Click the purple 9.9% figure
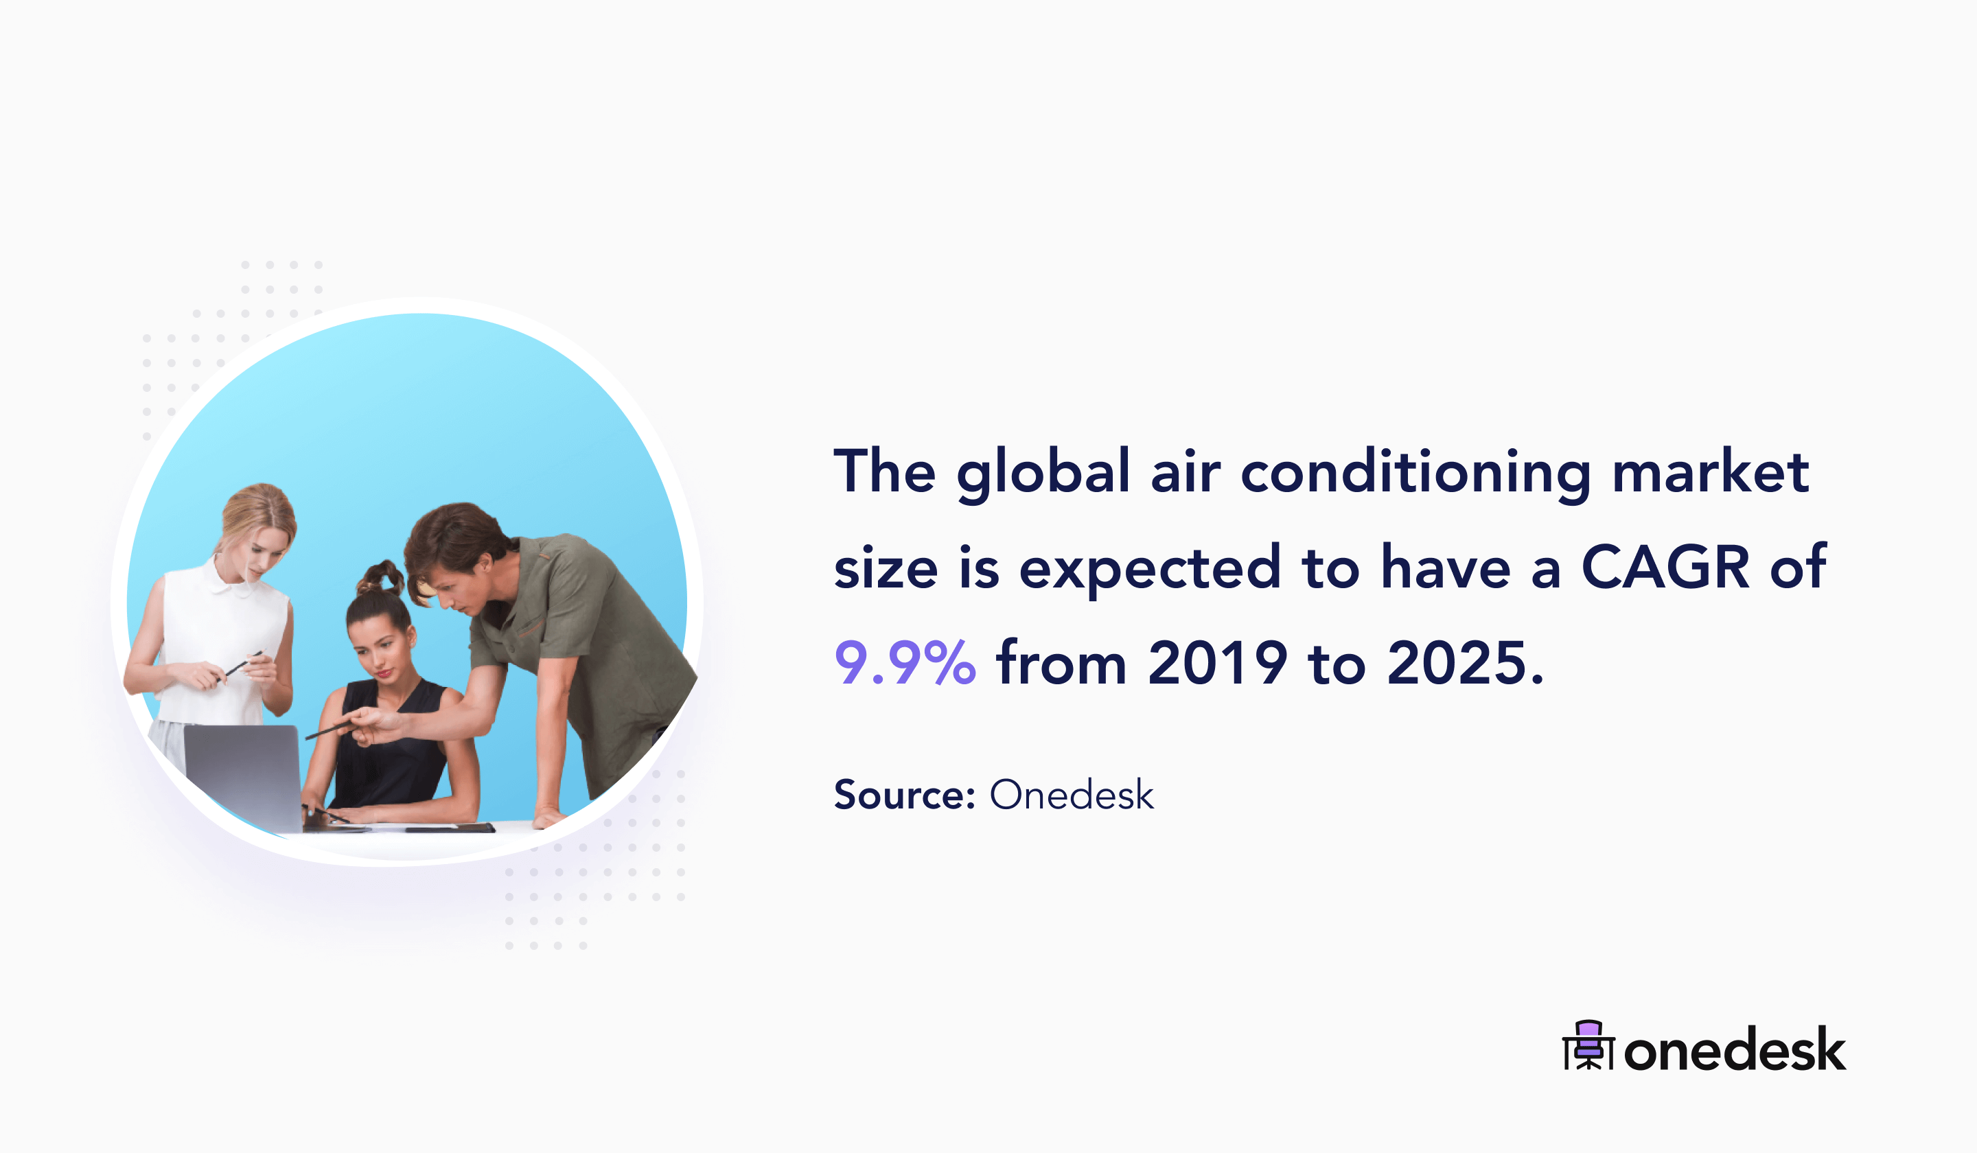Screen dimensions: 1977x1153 pos(905,662)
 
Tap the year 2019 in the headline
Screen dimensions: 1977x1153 pos(1218,662)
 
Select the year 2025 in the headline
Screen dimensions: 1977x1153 pos(1457,662)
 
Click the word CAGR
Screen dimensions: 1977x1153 pos(1665,566)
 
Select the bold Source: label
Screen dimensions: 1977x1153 pos(905,795)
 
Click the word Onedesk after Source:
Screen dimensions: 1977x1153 pos(1072,795)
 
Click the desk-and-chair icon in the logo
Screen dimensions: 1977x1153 pos(1588,1045)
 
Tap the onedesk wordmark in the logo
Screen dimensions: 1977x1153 pos(1735,1049)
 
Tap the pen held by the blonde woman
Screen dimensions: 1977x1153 pos(244,664)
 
